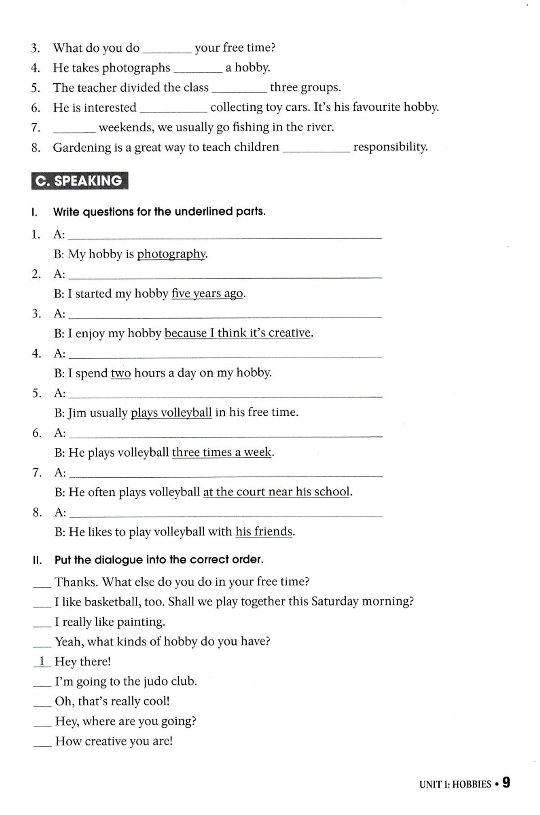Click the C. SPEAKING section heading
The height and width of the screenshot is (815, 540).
pos(79,181)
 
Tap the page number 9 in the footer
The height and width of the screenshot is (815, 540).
pos(506,783)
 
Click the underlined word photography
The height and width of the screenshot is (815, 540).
pos(171,254)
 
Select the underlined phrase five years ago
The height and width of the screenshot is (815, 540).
pos(207,294)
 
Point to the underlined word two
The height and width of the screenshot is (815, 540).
pos(121,373)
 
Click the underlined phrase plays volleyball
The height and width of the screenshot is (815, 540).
pos(171,413)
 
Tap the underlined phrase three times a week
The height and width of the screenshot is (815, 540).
pos(222,452)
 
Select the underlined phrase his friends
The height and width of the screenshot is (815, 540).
pos(264,531)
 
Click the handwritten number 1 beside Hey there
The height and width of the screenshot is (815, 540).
pos(42,661)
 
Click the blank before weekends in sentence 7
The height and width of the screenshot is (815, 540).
pos(74,130)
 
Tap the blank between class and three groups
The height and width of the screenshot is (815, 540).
pos(239,90)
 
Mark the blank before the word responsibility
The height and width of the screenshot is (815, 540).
pos(316,149)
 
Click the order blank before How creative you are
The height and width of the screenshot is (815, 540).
pos(42,743)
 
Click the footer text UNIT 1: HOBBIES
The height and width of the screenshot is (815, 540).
pos(455,784)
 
